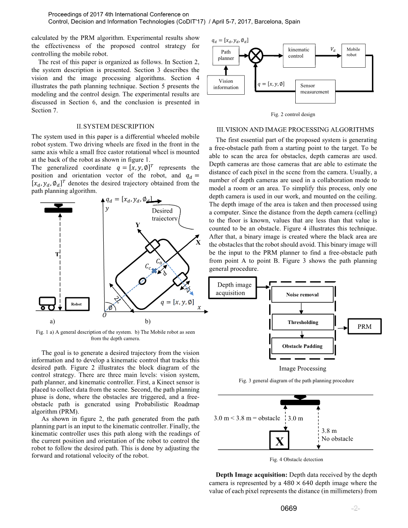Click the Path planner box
226,55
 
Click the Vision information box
226,84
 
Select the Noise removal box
302,295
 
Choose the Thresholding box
302,322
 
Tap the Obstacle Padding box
302,346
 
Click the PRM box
364,327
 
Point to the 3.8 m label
329,431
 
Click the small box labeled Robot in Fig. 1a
76,304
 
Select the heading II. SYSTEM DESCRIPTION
115,126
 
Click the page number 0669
289,509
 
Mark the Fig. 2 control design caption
293,114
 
